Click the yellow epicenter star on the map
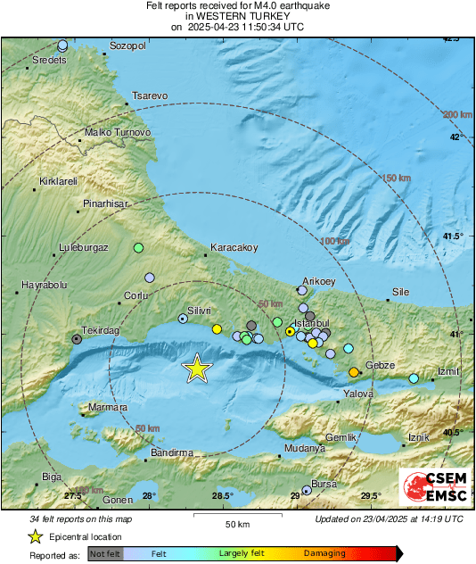(x=196, y=368)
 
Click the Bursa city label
(x=324, y=483)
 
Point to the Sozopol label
(x=127, y=45)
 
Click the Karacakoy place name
(x=234, y=247)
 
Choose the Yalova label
(x=358, y=393)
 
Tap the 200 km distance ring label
(x=457, y=114)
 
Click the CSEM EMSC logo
(x=433, y=488)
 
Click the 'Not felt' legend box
(x=105, y=553)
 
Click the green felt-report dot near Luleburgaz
(x=138, y=247)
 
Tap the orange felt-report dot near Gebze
(x=354, y=371)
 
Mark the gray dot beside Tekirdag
(x=77, y=339)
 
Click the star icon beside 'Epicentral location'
(x=35, y=536)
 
